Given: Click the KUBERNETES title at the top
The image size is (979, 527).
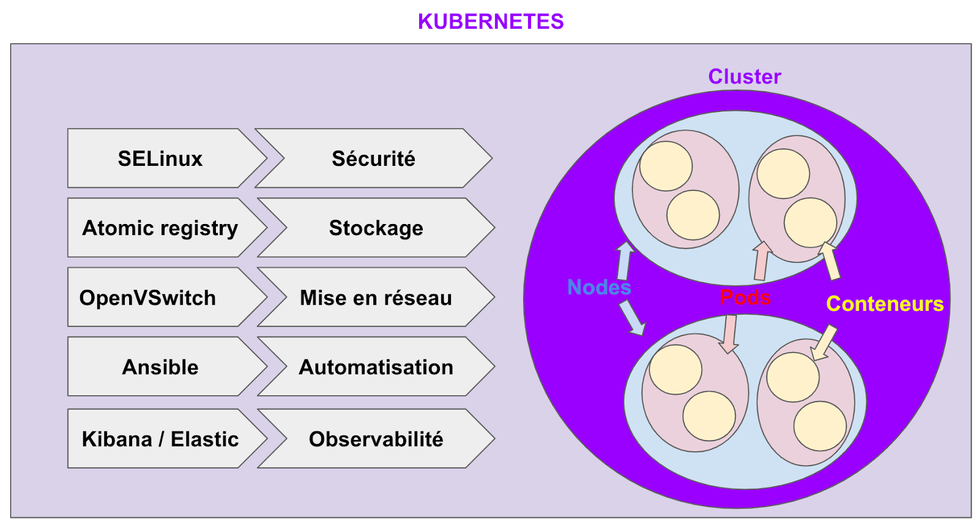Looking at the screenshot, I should coord(491,21).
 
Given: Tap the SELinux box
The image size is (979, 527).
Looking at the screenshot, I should coord(160,159).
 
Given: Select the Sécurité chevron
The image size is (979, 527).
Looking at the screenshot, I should coord(373,159).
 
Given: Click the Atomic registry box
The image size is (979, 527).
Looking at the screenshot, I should coord(160,228).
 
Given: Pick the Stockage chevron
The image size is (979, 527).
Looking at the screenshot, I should coord(376,228).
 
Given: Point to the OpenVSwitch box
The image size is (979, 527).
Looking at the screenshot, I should coord(149,297).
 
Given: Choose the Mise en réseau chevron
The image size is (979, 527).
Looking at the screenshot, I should coord(376,297).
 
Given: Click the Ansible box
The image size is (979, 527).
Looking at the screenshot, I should coord(160,367).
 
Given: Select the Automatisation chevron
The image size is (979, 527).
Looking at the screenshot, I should coord(376,367).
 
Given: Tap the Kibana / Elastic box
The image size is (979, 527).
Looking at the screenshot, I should coord(160,439).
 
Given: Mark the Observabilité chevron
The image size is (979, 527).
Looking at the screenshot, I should coord(376,439).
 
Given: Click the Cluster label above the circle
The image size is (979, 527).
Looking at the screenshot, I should coord(745,77).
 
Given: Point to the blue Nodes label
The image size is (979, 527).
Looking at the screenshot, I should coord(599,287).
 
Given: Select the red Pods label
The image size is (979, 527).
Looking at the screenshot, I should coord(745,297).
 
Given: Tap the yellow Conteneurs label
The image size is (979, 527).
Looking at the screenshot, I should coord(885,304).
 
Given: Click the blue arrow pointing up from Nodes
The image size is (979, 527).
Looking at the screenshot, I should coord(624,261).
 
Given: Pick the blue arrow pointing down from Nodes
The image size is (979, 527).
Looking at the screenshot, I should coord(632,318).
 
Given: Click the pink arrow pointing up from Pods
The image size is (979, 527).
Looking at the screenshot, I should coord(761,260).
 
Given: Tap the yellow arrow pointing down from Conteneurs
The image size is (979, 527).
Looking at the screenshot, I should coord(824,343).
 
